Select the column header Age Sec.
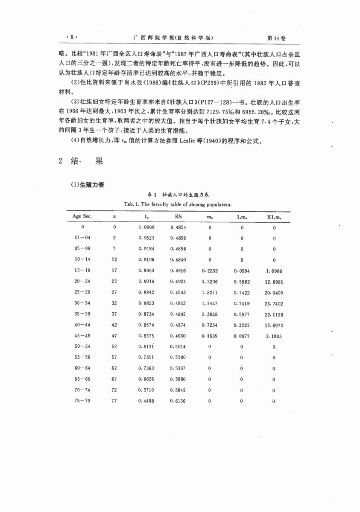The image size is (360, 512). pyautogui.click(x=82, y=216)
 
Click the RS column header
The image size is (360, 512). pyautogui.click(x=178, y=216)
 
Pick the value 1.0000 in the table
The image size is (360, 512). pyautogui.click(x=146, y=227)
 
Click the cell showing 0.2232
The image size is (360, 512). pyautogui.click(x=210, y=271)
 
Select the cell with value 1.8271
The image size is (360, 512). pyautogui.click(x=210, y=293)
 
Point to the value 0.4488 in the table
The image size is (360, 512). pyautogui.click(x=146, y=401)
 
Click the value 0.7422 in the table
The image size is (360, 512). pyautogui.click(x=242, y=293)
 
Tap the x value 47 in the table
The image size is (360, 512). pyautogui.click(x=114, y=336)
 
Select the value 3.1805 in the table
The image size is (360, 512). pyautogui.click(x=274, y=336)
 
